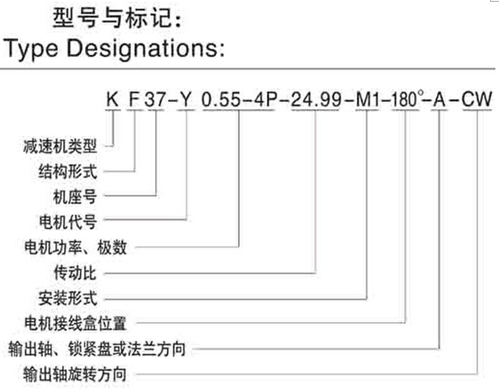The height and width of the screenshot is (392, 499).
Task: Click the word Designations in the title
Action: [x=146, y=49]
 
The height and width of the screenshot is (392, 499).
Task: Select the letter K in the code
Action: [x=113, y=98]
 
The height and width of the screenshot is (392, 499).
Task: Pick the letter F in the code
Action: [x=134, y=98]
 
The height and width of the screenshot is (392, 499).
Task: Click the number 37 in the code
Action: [x=155, y=98]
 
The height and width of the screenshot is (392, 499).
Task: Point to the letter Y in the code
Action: [x=186, y=98]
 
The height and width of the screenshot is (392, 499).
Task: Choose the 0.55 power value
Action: [x=221, y=98]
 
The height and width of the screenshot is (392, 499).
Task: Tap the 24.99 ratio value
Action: [x=316, y=98]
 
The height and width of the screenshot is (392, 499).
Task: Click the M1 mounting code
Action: [x=368, y=98]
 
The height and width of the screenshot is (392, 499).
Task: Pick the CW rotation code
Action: [x=477, y=98]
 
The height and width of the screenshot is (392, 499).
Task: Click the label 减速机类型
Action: [x=59, y=146]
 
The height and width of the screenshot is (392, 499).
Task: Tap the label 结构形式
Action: [x=67, y=172]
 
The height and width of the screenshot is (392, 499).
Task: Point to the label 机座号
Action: [x=75, y=197]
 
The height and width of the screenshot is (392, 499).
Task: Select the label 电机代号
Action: [x=67, y=222]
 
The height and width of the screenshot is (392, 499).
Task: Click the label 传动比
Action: [x=75, y=273]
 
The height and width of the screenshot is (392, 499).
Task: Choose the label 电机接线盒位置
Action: [x=75, y=324]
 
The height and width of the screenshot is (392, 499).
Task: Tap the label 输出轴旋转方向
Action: [x=75, y=374]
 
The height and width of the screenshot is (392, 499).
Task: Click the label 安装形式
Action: [x=67, y=298]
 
